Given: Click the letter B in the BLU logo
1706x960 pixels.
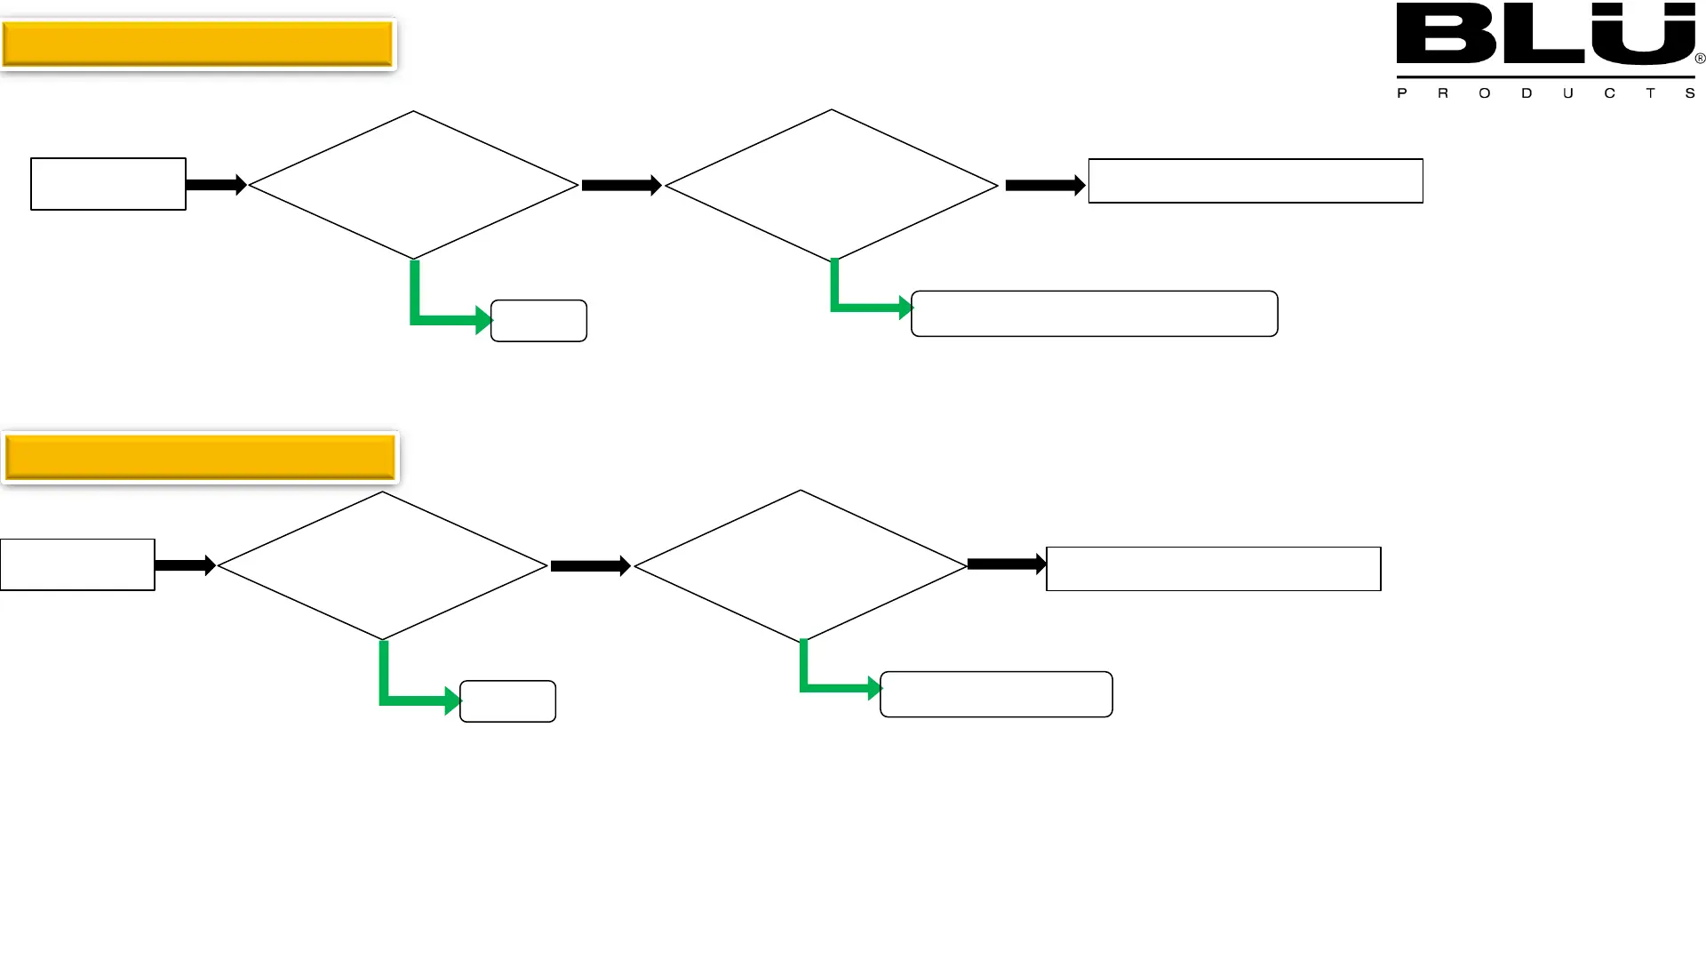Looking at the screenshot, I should coord(1445,34).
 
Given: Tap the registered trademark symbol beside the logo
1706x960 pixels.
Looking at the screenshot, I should coord(1700,59).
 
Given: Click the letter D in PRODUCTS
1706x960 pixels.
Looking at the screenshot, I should coord(1527,93).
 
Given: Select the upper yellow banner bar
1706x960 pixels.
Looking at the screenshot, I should coord(197,44).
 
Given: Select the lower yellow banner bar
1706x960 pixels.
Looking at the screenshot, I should coord(200,458).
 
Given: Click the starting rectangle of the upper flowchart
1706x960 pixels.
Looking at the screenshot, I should coord(108,184).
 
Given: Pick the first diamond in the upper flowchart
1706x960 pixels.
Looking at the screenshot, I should coord(413,185).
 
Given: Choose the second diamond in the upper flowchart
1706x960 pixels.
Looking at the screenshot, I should coord(832,185).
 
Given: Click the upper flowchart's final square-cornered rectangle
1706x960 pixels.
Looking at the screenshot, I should coord(1256,181).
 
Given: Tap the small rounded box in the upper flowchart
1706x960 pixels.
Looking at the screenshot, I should coord(538,321).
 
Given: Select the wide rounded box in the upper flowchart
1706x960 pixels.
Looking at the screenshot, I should coord(1095,314).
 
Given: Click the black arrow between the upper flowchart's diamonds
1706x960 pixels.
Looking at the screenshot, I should coord(621,186).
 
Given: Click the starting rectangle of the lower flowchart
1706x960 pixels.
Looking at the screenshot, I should coord(77,564).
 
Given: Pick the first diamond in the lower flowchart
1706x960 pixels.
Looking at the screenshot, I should coord(382,565).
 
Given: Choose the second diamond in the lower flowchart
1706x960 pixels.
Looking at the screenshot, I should coord(801,565).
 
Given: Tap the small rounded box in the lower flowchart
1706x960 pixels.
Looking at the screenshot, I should coord(507,701).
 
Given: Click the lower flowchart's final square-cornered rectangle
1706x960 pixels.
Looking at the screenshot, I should coord(1214,569).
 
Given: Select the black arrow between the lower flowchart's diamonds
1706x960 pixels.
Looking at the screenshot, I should coord(590,566).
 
